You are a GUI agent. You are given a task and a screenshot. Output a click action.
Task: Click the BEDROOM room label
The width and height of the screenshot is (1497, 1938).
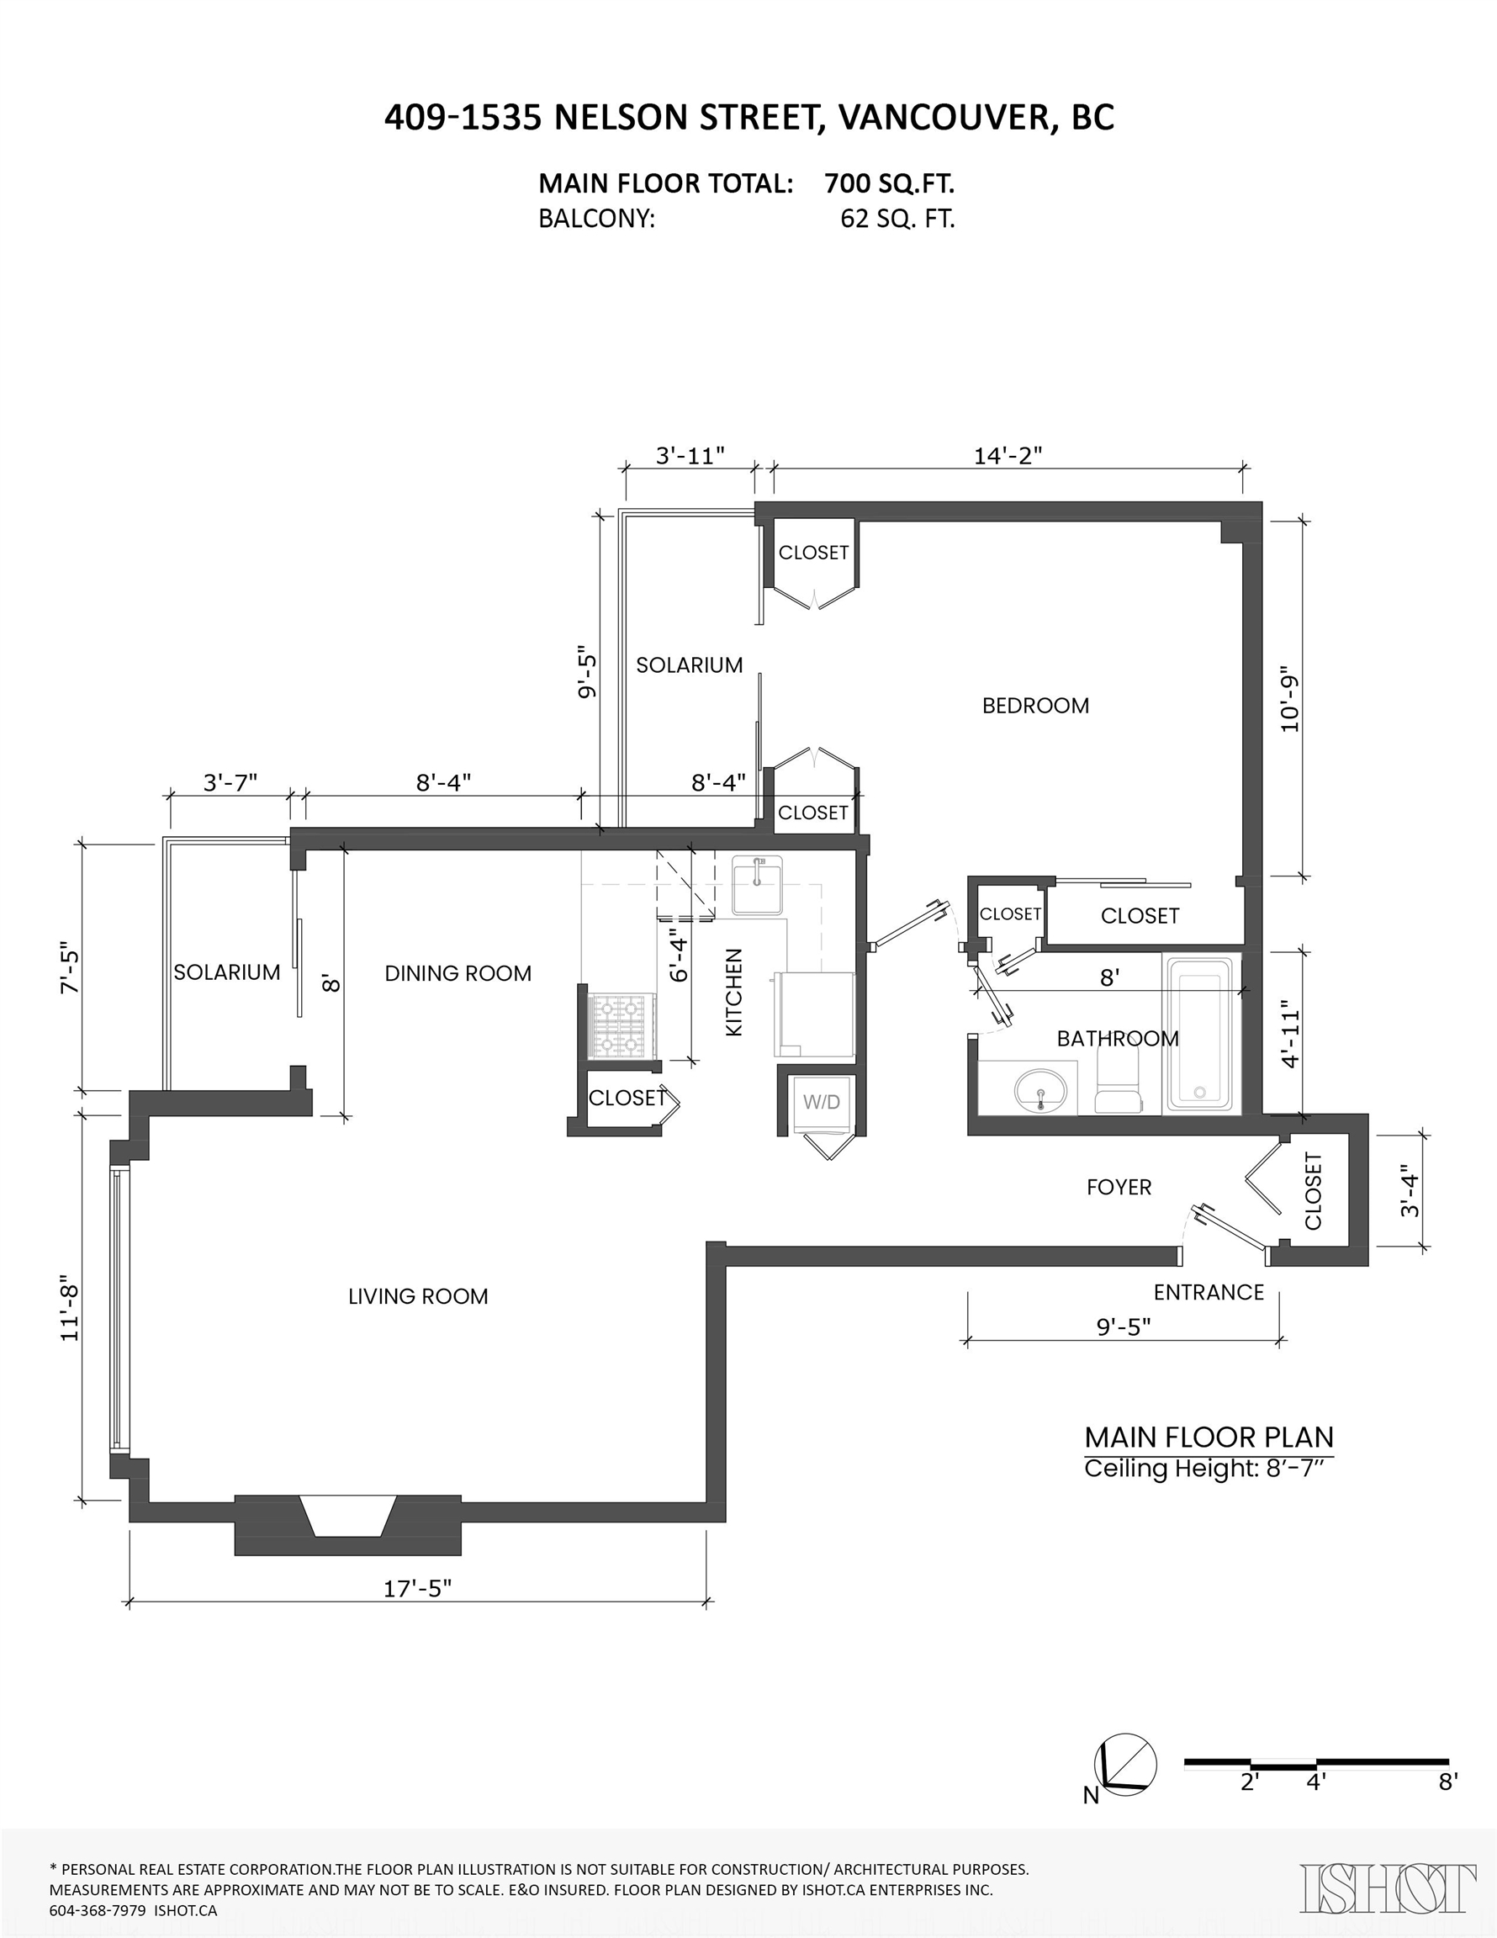coord(1034,706)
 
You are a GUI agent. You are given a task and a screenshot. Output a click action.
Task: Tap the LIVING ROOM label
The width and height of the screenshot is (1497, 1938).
coord(418,1296)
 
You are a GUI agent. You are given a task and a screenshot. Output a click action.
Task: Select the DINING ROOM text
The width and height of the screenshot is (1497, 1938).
coord(458,973)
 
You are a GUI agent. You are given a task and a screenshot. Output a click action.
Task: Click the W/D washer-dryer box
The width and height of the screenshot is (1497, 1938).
coord(822,1103)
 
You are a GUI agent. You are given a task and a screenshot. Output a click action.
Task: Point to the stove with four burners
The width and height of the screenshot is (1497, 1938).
coord(622,1027)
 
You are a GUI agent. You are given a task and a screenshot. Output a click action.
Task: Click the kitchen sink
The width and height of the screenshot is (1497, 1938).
coord(757,885)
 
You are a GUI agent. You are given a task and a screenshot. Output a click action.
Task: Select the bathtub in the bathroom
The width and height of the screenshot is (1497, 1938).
coord(1201,1033)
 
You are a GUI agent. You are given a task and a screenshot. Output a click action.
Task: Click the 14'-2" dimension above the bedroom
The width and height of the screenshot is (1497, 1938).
coord(1008,456)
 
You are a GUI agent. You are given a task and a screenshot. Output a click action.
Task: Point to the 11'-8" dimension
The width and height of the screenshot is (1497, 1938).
coord(70,1308)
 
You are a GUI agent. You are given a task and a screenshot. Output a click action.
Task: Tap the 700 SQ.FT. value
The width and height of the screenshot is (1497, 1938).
coord(889,183)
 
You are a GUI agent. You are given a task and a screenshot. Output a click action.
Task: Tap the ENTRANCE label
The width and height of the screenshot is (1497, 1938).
coord(1209,1293)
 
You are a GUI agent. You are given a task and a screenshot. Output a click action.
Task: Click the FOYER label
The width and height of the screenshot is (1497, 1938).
coord(1119,1188)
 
